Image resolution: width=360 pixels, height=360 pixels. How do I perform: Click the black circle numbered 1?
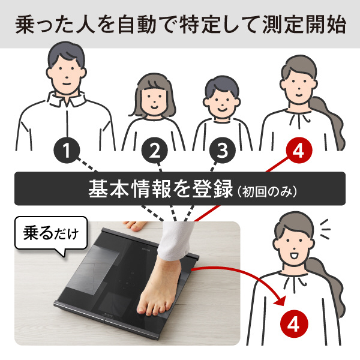[67, 151]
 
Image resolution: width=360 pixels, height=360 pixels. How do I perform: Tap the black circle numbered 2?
[155, 151]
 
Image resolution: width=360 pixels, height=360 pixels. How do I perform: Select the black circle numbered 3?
[223, 151]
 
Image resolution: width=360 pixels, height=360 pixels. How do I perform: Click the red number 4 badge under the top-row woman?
[299, 151]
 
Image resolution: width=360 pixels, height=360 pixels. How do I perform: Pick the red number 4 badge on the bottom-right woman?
[294, 324]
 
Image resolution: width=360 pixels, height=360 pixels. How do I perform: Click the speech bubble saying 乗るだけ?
[51, 234]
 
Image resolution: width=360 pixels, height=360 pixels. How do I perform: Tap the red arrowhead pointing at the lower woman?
[280, 300]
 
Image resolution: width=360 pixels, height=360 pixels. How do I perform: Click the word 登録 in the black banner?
[212, 189]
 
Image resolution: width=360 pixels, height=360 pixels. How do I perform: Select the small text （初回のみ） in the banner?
[267, 191]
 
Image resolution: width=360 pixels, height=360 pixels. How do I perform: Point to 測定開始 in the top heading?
[304, 24]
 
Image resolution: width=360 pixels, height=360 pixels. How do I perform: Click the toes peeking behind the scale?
[134, 226]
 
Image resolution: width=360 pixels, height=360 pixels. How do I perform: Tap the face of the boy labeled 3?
[222, 101]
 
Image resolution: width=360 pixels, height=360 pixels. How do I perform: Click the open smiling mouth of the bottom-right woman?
[293, 256]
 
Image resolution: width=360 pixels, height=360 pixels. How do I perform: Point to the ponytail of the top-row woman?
[331, 122]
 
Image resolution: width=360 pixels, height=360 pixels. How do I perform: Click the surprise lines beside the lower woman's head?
[325, 229]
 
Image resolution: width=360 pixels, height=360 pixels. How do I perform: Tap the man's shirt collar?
[67, 99]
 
